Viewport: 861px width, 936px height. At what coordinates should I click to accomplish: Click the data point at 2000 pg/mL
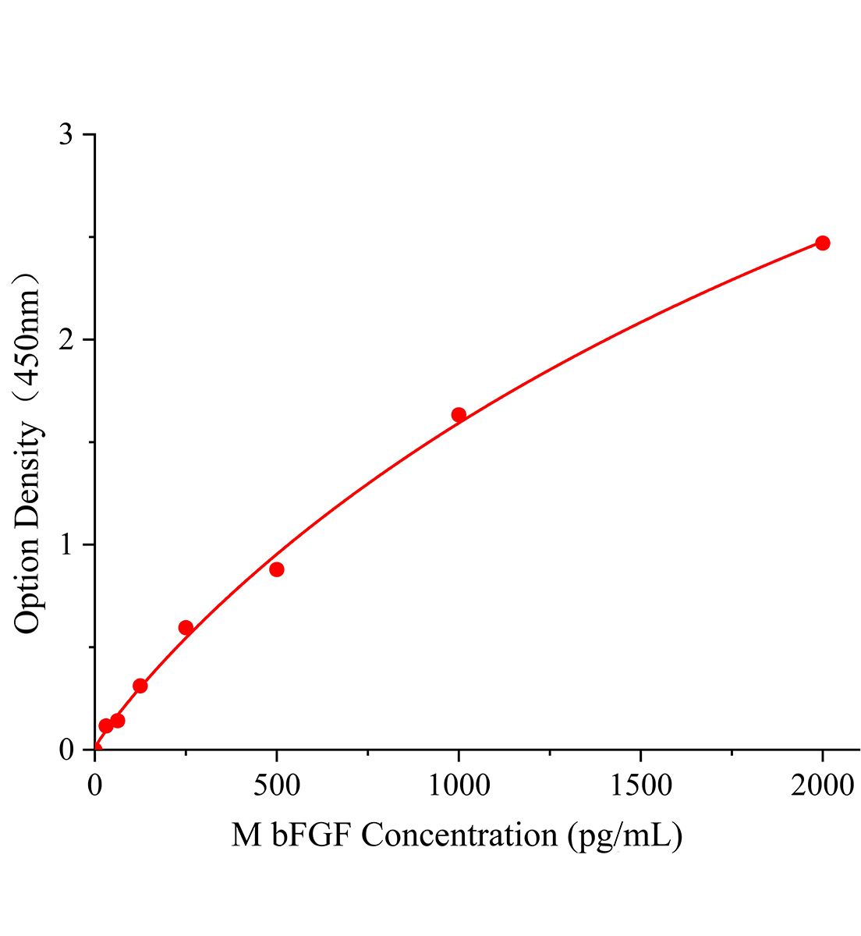[x=822, y=243]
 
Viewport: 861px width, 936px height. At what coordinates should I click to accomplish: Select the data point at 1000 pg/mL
[x=459, y=415]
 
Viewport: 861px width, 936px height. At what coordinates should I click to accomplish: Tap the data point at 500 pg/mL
[x=276, y=569]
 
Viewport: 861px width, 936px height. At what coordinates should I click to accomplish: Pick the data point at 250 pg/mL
[x=186, y=628]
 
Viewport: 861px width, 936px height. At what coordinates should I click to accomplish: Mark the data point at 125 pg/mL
[x=140, y=686]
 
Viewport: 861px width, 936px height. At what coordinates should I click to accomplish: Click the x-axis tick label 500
[x=276, y=785]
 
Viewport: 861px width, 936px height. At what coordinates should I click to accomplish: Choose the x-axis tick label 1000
[x=459, y=785]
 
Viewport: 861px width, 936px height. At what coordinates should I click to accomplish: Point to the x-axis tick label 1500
[x=640, y=785]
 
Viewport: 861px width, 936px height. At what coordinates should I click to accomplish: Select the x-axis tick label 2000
[x=822, y=785]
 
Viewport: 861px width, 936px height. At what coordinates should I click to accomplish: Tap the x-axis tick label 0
[x=94, y=785]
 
